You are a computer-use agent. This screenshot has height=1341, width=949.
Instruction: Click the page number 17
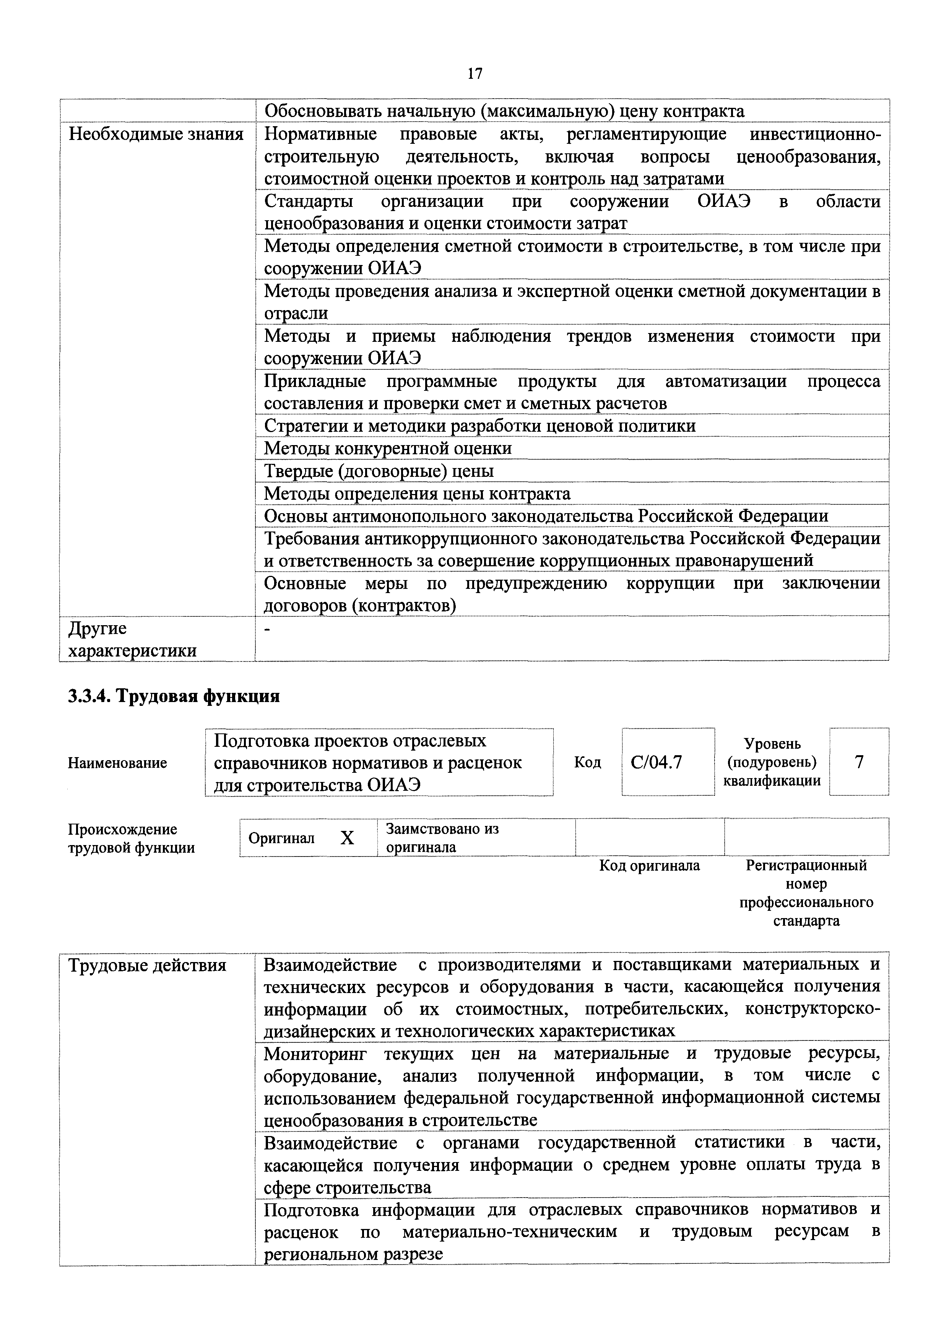(474, 74)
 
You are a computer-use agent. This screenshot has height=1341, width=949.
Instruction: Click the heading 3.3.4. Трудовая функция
(174, 696)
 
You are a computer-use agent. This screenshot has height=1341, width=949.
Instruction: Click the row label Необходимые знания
(156, 134)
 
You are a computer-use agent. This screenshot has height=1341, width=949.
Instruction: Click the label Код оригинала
(649, 865)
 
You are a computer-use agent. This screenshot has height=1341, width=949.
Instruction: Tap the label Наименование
(117, 762)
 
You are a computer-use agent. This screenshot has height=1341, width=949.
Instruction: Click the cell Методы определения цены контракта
(417, 494)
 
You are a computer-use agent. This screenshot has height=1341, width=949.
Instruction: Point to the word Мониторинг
(315, 1053)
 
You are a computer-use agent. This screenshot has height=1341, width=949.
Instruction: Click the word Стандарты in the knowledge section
(308, 202)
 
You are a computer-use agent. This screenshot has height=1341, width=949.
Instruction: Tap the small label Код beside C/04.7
(587, 762)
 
